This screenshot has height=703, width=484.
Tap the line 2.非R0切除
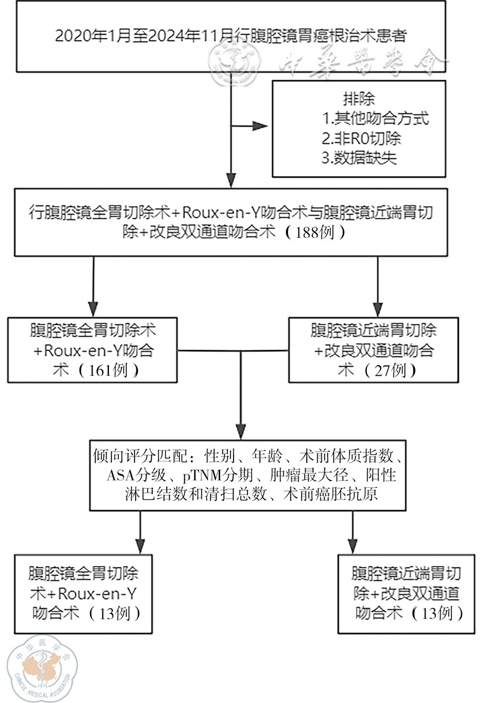(x=361, y=138)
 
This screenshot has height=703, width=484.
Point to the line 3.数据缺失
(x=361, y=158)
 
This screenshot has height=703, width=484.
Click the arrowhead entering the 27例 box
(x=378, y=309)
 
